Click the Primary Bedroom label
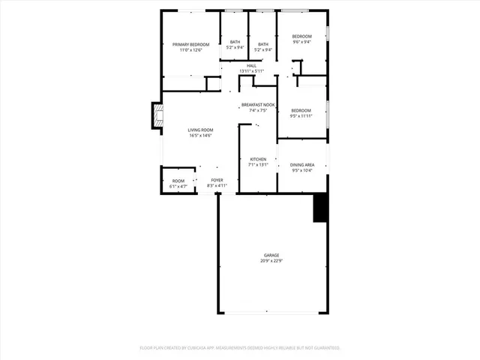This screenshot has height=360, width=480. click(190, 45)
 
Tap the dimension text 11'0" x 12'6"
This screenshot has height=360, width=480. click(190, 50)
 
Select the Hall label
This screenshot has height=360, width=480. click(252, 65)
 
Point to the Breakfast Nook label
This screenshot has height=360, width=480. click(257, 104)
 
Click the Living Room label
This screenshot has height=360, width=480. click(200, 130)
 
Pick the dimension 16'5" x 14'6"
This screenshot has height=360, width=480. click(200, 136)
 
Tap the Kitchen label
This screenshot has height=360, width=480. click(258, 160)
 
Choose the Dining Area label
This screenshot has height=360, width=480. click(302, 165)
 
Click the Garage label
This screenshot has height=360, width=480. click(271, 255)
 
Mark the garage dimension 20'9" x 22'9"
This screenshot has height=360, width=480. click(271, 261)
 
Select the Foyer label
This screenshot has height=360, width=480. click(217, 180)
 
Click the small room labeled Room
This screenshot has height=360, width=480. click(178, 180)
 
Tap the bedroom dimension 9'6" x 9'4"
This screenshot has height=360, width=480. click(301, 42)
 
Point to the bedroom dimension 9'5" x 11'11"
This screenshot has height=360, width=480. click(301, 116)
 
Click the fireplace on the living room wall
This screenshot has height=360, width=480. click(157, 116)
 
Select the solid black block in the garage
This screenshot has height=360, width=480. click(320, 208)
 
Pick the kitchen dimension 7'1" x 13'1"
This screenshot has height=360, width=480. click(258, 166)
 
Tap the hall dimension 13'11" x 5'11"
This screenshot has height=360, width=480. click(252, 71)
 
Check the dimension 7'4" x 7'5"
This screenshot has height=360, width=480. click(257, 110)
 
